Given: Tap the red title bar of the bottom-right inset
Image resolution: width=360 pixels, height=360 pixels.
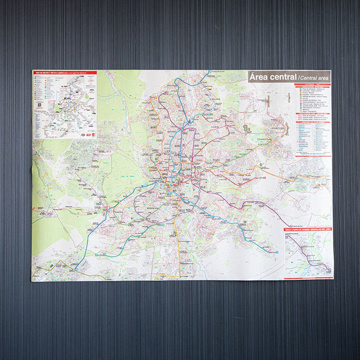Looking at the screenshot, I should [308, 230].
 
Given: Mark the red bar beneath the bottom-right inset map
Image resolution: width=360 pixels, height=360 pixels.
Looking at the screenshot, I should [308, 277].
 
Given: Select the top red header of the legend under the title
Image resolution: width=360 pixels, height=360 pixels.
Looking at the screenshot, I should [313, 84].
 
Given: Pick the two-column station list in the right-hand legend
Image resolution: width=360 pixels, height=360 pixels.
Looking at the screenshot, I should [313, 135].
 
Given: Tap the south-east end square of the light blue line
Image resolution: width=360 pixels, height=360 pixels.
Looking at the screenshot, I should [276, 252].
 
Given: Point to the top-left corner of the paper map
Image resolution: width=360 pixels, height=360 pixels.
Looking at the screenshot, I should [32, 70].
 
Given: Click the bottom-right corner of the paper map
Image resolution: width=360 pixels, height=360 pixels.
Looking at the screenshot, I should [334, 279].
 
